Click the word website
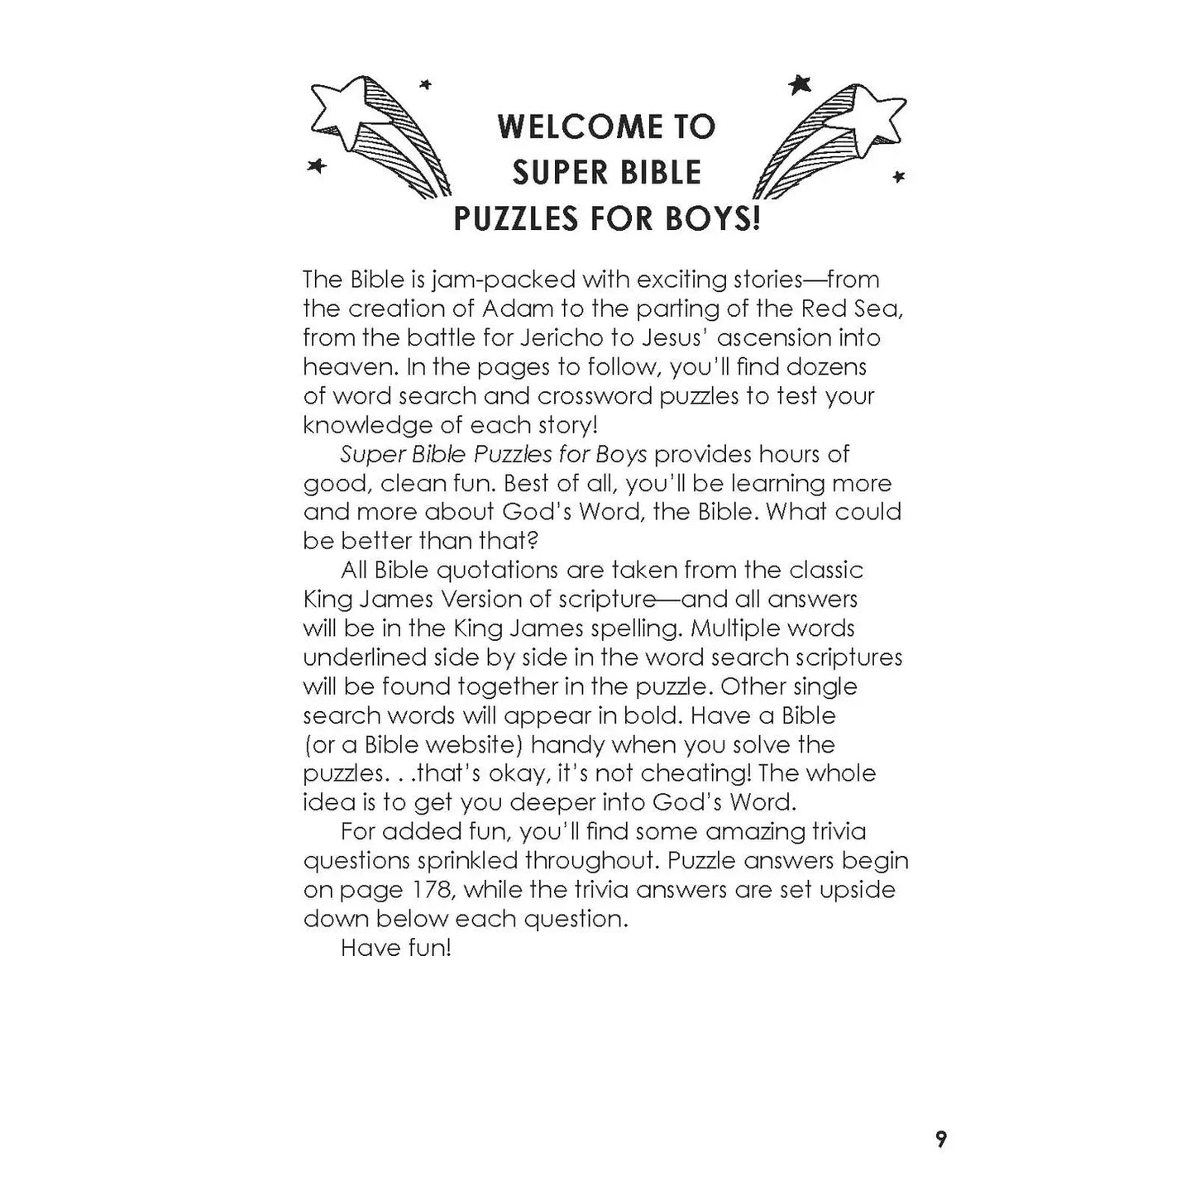point(466,744)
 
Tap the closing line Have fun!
point(395,948)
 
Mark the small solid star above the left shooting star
point(426,84)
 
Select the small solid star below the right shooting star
point(898,176)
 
